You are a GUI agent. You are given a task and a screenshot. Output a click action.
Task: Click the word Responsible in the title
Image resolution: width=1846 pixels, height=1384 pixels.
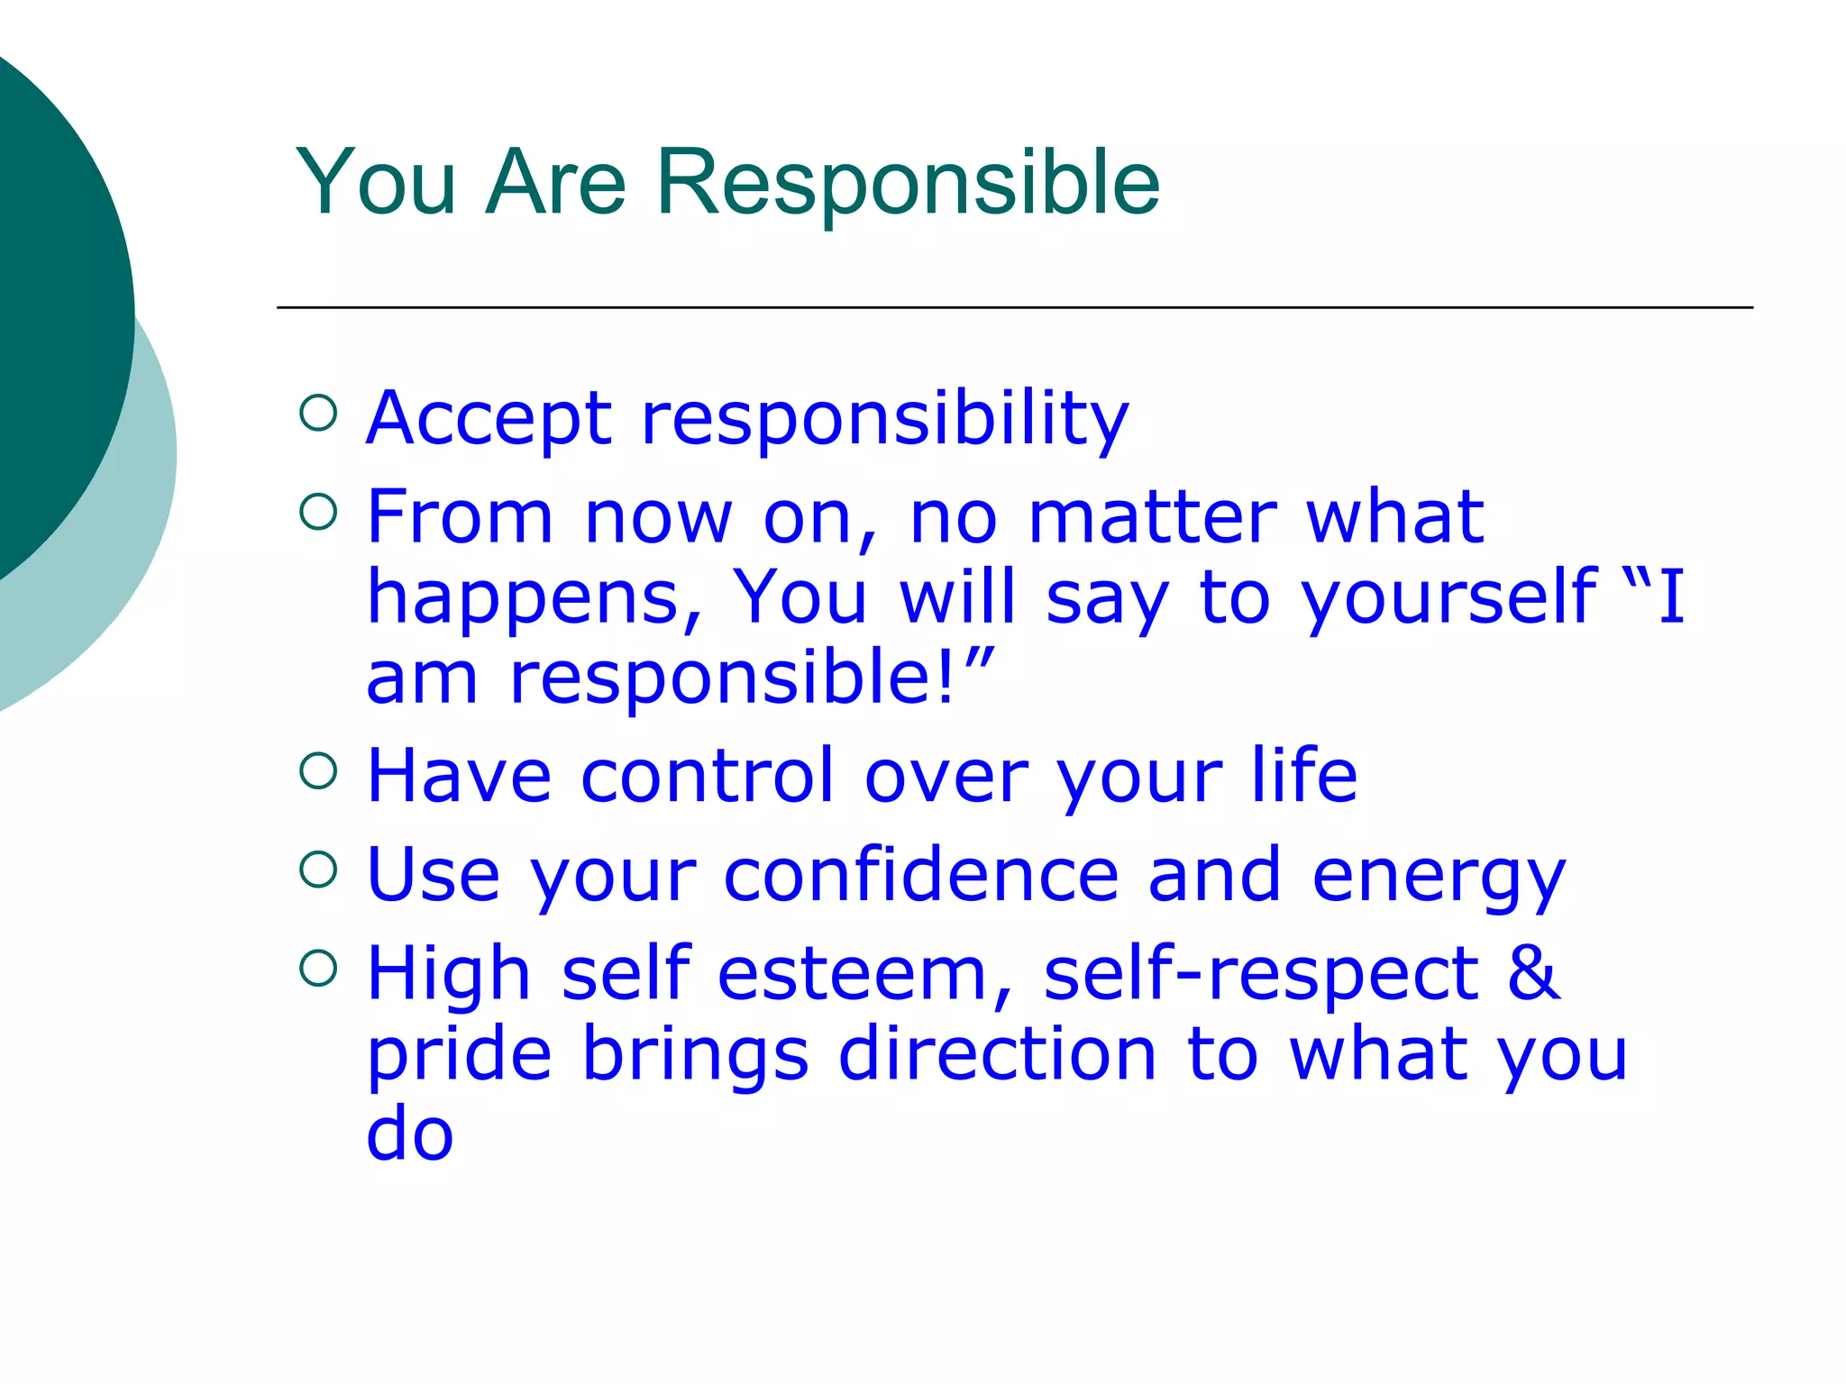click(x=908, y=183)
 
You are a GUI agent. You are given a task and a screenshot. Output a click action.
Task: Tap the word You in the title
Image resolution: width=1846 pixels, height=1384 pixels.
click(x=377, y=183)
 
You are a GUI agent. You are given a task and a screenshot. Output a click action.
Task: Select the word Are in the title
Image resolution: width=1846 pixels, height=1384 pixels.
click(x=555, y=183)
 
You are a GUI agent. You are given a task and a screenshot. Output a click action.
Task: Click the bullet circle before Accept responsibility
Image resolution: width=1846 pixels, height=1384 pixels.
click(x=318, y=414)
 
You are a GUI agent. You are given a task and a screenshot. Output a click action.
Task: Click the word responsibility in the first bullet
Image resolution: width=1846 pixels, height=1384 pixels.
click(x=884, y=420)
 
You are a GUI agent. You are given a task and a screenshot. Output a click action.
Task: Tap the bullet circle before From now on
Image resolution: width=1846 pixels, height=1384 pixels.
click(x=318, y=513)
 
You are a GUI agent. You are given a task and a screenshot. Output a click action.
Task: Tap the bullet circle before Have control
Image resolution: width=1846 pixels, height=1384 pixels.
click(x=318, y=770)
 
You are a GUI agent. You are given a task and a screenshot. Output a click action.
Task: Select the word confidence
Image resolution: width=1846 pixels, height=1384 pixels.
click(x=921, y=874)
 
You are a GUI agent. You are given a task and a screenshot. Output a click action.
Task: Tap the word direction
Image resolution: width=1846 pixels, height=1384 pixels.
click(x=997, y=1053)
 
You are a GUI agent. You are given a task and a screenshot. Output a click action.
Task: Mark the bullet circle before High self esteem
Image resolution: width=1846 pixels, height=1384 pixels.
click(x=318, y=969)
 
